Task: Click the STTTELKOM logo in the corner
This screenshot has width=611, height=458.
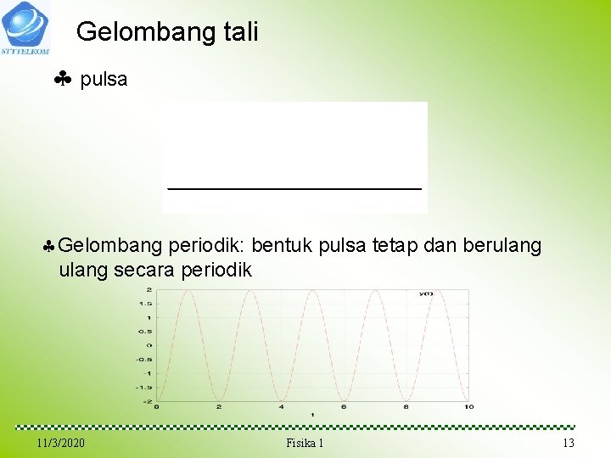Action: (25, 27)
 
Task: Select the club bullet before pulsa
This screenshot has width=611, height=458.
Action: (62, 81)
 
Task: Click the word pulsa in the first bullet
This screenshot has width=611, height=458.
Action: (104, 80)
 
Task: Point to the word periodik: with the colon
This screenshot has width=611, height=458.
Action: (207, 246)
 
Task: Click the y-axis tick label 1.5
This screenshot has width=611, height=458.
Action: (146, 304)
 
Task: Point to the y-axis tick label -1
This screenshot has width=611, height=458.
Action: (148, 373)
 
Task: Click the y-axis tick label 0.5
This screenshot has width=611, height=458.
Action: (146, 332)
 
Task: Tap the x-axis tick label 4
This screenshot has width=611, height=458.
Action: (281, 407)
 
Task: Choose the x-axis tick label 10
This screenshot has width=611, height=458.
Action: (469, 407)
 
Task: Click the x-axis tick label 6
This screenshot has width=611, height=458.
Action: (343, 407)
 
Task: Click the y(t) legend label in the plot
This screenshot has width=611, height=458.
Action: (425, 293)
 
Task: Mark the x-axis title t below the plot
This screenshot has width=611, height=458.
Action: (311, 415)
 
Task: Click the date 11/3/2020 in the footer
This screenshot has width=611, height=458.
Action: (61, 444)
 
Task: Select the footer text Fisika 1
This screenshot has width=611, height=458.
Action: (305, 444)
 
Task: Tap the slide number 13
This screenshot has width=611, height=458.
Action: (568, 444)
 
